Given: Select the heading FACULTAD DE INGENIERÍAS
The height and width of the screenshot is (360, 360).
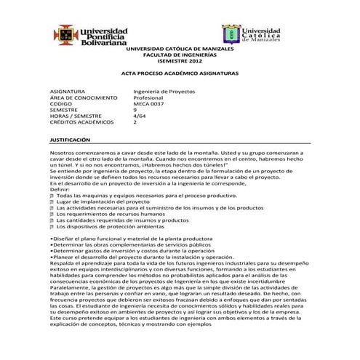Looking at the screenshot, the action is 179,55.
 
